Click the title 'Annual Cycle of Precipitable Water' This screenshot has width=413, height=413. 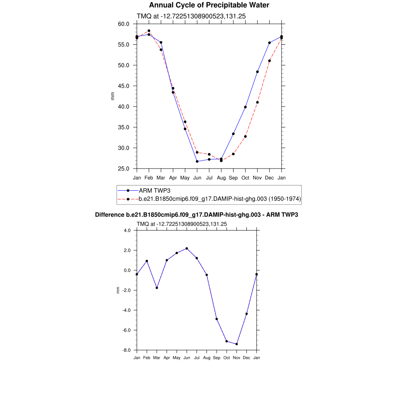coord(209,5)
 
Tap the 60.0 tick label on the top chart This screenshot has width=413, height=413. coord(123,24)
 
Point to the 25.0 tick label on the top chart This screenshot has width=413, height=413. coord(123,169)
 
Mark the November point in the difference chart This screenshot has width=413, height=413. coord(236,344)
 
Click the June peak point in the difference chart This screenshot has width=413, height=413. coord(187,248)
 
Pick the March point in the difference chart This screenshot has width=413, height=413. coord(157,288)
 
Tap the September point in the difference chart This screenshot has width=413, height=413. coord(217,319)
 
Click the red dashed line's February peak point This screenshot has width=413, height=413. coord(149,31)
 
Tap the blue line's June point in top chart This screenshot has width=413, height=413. coord(197,161)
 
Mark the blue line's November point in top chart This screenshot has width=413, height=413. coord(257,72)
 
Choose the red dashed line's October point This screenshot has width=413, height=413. coord(245,136)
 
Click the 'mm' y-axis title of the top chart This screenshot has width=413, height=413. coord(113,96)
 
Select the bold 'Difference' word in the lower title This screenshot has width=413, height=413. coord(107,215)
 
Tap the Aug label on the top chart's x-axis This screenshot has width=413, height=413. coord(221,177)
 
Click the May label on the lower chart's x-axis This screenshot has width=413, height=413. coord(177,358)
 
